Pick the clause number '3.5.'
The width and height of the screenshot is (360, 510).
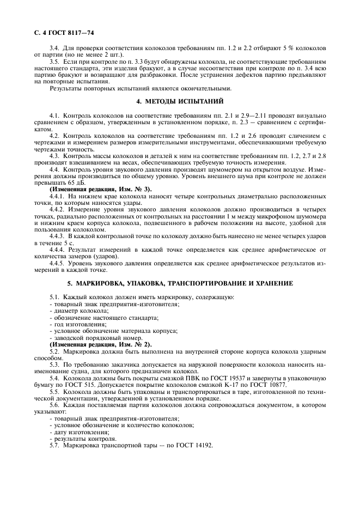55,63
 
